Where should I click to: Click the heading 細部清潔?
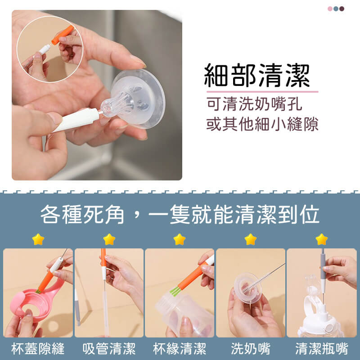point(257,75)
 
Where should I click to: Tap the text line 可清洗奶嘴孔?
point(254,104)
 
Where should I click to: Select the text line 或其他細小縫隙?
point(262,124)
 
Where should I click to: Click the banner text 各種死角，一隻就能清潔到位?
point(180,214)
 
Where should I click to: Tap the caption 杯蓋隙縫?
point(38,348)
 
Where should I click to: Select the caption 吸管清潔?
point(109,348)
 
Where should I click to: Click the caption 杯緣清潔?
point(180,348)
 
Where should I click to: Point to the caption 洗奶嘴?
point(251,348)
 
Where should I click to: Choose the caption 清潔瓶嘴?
point(322,348)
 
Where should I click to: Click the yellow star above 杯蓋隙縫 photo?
point(38,239)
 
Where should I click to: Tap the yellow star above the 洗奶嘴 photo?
point(251,239)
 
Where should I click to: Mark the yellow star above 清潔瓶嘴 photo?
point(322,239)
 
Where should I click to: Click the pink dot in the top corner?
point(330,9)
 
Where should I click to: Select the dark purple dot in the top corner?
point(342,9)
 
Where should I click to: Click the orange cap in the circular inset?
point(63,35)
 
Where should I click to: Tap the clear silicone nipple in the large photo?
point(133,99)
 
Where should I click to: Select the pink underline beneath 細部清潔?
point(262,92)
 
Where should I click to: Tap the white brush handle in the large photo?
point(76,120)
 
